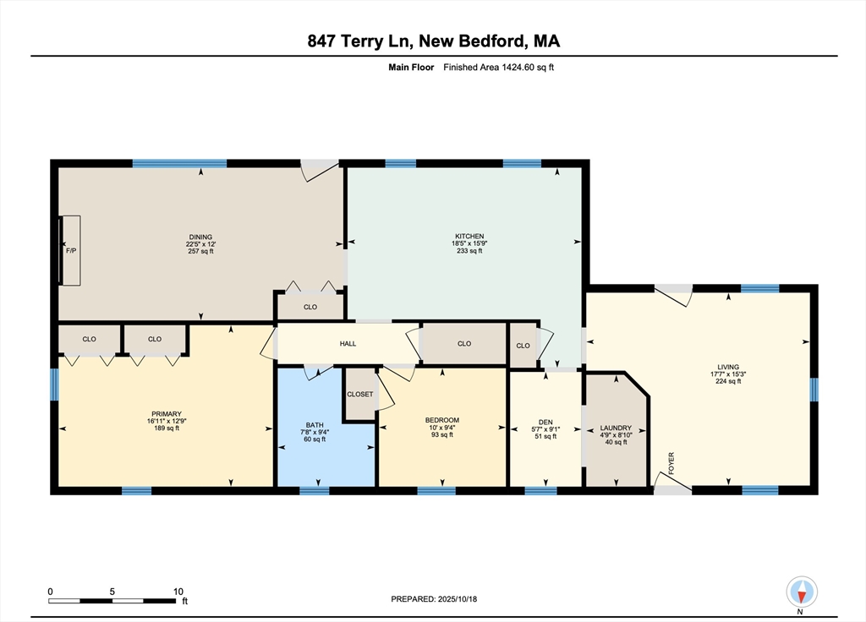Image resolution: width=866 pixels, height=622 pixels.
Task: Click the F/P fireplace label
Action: pos(71,251)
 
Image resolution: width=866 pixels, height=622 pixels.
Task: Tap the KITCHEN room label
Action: pos(469,237)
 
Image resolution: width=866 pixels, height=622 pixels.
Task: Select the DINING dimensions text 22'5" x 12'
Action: pos(200,244)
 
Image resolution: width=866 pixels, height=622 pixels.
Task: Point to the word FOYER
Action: pos(671,463)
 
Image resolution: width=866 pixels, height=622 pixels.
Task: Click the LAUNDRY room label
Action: pos(616,428)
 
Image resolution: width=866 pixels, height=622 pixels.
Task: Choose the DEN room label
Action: pos(545,423)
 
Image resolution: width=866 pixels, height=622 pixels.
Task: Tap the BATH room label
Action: pos(315,425)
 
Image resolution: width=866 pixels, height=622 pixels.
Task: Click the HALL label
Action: pos(348,343)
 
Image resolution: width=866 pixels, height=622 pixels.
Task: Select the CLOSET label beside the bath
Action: pos(360,394)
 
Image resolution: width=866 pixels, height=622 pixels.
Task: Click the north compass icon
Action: pos(802,592)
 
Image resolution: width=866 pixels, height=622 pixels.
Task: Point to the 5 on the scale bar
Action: pos(112,591)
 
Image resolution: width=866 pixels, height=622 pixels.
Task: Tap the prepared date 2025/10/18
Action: pos(458,599)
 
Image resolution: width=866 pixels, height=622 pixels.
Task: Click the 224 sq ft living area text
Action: pos(728,381)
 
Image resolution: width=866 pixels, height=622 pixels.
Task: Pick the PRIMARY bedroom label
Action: pos(167,414)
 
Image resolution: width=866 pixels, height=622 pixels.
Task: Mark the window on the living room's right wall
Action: pos(814,390)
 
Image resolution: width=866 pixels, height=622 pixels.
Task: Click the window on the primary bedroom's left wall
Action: pos(54,385)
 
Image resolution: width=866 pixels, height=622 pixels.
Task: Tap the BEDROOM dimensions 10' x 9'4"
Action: pos(441,427)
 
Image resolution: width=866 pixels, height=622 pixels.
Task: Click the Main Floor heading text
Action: pos(411,68)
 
